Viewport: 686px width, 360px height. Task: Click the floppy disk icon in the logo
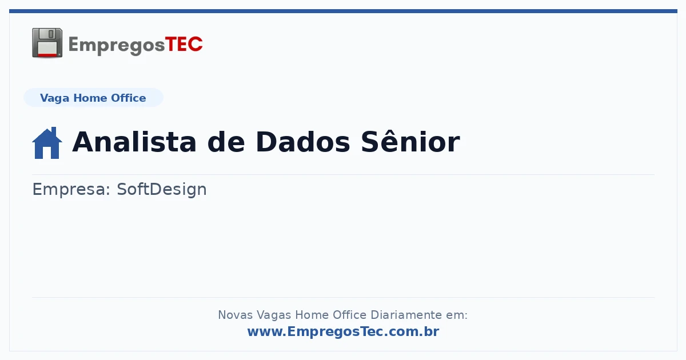pyautogui.click(x=47, y=43)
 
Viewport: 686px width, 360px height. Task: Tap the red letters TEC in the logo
pyautogui.click(x=184, y=44)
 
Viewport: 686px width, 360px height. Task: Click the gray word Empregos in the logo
pyautogui.click(x=117, y=46)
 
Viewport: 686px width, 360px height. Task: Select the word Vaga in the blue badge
pyautogui.click(x=54, y=98)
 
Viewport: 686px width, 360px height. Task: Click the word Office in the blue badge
pyautogui.click(x=128, y=98)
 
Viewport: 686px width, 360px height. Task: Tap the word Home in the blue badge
pyautogui.click(x=90, y=98)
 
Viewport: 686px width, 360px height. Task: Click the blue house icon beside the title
pyautogui.click(x=47, y=143)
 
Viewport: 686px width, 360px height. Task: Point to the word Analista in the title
pyautogui.click(x=134, y=142)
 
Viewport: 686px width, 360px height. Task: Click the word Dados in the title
pyautogui.click(x=302, y=142)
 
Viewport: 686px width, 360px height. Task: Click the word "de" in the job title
pyautogui.click(x=226, y=142)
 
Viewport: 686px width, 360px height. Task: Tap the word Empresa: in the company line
pyautogui.click(x=71, y=189)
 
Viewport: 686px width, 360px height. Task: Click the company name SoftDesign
pyautogui.click(x=162, y=189)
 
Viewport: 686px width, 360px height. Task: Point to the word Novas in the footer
pyautogui.click(x=235, y=315)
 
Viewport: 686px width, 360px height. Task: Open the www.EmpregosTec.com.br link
pyautogui.click(x=343, y=331)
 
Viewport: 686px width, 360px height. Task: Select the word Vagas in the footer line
pyautogui.click(x=273, y=315)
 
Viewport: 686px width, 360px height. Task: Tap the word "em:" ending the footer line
pyautogui.click(x=457, y=315)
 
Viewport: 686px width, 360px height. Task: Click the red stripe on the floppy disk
pyautogui.click(x=47, y=55)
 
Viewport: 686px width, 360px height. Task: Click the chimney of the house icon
pyautogui.click(x=54, y=131)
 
